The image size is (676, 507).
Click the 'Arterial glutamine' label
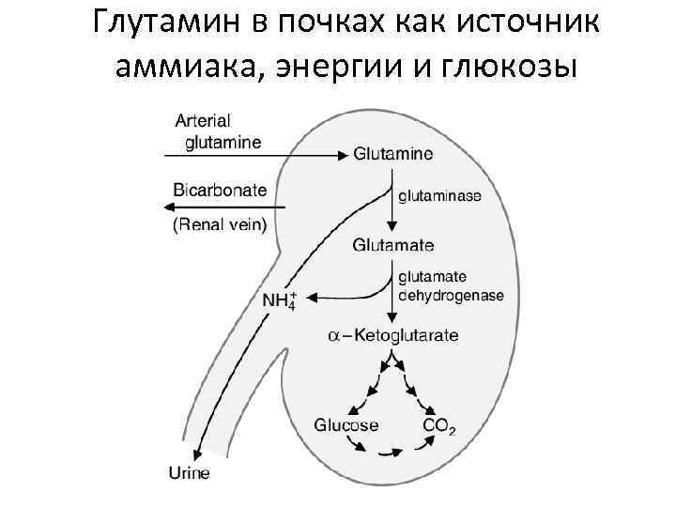pyautogui.click(x=217, y=131)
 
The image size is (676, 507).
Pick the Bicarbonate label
pyautogui.click(x=220, y=191)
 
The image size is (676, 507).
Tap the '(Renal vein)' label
pyautogui.click(x=219, y=224)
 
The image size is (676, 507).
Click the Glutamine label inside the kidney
pyautogui.click(x=393, y=154)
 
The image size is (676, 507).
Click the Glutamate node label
pyautogui.click(x=393, y=246)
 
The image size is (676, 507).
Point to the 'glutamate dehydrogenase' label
pyautogui.click(x=451, y=286)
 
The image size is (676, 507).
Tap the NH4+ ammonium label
pyautogui.click(x=279, y=301)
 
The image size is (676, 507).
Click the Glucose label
pyautogui.click(x=346, y=425)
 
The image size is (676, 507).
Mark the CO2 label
pyautogui.click(x=439, y=427)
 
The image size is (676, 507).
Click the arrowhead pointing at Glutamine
pyautogui.click(x=345, y=154)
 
